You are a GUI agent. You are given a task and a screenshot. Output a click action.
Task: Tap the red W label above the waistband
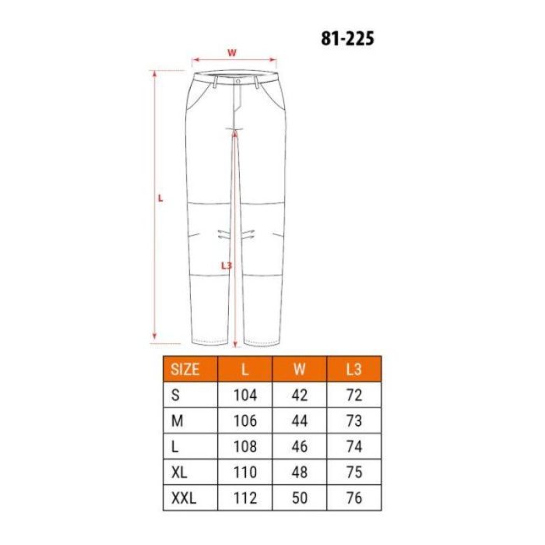pyautogui.click(x=232, y=53)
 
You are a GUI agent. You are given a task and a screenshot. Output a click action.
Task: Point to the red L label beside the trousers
pyautogui.click(x=160, y=198)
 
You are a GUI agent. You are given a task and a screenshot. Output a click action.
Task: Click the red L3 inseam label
pyautogui.click(x=227, y=265)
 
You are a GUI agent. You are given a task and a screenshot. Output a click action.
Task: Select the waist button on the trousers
pyautogui.click(x=237, y=79)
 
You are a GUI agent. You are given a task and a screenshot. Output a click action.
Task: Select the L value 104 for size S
pyautogui.click(x=245, y=395)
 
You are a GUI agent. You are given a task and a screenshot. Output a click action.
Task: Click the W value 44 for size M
pyautogui.click(x=299, y=420)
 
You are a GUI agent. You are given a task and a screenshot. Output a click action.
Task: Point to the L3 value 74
pyautogui.click(x=354, y=447)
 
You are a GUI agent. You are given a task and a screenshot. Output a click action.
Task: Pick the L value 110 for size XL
pyautogui.click(x=245, y=473)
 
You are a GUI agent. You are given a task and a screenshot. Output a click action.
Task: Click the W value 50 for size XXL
pyautogui.click(x=299, y=498)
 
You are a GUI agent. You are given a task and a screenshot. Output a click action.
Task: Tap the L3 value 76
pyautogui.click(x=354, y=498)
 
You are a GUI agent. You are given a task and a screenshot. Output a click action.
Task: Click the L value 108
pyautogui.click(x=245, y=447)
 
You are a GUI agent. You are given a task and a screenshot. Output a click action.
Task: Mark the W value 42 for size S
pyautogui.click(x=299, y=395)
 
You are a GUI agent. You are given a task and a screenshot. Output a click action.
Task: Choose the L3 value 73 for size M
pyautogui.click(x=354, y=420)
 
